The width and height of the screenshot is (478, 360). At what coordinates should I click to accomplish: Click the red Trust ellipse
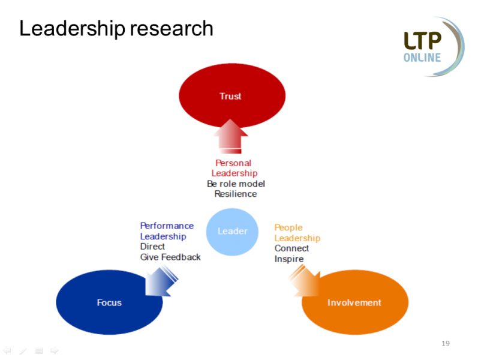tap(230, 95)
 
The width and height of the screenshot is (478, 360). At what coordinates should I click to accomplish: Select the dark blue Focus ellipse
tap(109, 302)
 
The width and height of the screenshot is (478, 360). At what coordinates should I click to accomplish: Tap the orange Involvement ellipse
tap(354, 302)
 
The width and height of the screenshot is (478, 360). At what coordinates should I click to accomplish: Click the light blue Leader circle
tap(232, 231)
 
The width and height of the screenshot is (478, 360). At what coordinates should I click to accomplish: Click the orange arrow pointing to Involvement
tap(303, 280)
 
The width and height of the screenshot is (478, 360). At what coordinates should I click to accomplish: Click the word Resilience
tap(235, 194)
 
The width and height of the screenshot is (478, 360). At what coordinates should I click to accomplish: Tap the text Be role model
tap(236, 184)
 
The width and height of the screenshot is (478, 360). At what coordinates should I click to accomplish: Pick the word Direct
tap(152, 247)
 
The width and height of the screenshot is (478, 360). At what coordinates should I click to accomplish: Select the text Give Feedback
tap(170, 257)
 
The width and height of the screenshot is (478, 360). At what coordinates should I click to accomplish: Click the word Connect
tap(291, 248)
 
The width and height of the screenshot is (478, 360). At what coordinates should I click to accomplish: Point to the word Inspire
tap(289, 259)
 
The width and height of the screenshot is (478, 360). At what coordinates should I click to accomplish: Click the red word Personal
tap(233, 163)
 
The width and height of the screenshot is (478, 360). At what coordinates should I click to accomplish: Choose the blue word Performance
tap(167, 226)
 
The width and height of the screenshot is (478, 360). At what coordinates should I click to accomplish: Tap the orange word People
tap(288, 227)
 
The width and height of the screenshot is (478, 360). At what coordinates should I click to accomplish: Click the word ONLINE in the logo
tap(422, 58)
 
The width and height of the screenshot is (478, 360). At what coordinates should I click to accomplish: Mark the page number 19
tap(445, 343)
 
